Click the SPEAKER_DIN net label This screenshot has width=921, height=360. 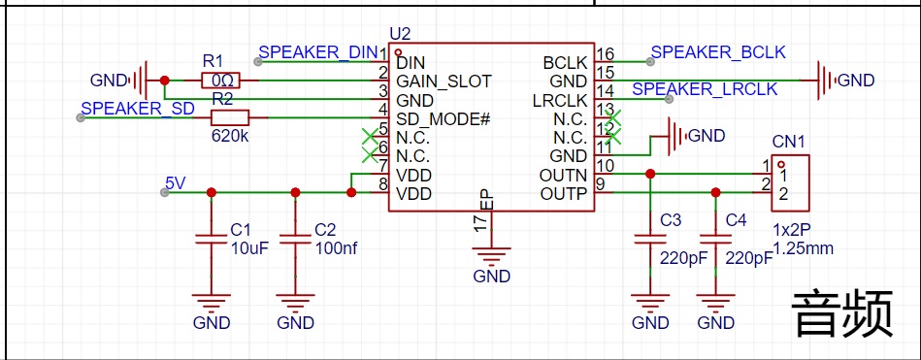(317, 51)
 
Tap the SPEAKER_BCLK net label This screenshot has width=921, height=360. (718, 51)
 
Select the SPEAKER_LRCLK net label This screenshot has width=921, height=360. (705, 88)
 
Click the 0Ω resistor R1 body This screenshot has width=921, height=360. (220, 81)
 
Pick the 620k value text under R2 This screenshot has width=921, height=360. (229, 136)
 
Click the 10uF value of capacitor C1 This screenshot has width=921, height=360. (249, 247)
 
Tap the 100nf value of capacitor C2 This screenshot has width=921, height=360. (336, 247)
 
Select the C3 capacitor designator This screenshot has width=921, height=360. (671, 220)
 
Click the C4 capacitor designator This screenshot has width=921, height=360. (737, 220)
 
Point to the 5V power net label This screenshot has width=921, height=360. (176, 182)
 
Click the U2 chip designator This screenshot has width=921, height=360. (400, 33)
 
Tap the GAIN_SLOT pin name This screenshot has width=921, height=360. (444, 81)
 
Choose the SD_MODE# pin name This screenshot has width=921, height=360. (444, 118)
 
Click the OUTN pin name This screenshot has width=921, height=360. (563, 175)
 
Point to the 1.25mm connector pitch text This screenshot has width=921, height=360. (804, 248)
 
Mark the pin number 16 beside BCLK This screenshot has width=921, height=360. (605, 54)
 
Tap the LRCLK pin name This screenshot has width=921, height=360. (560, 100)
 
